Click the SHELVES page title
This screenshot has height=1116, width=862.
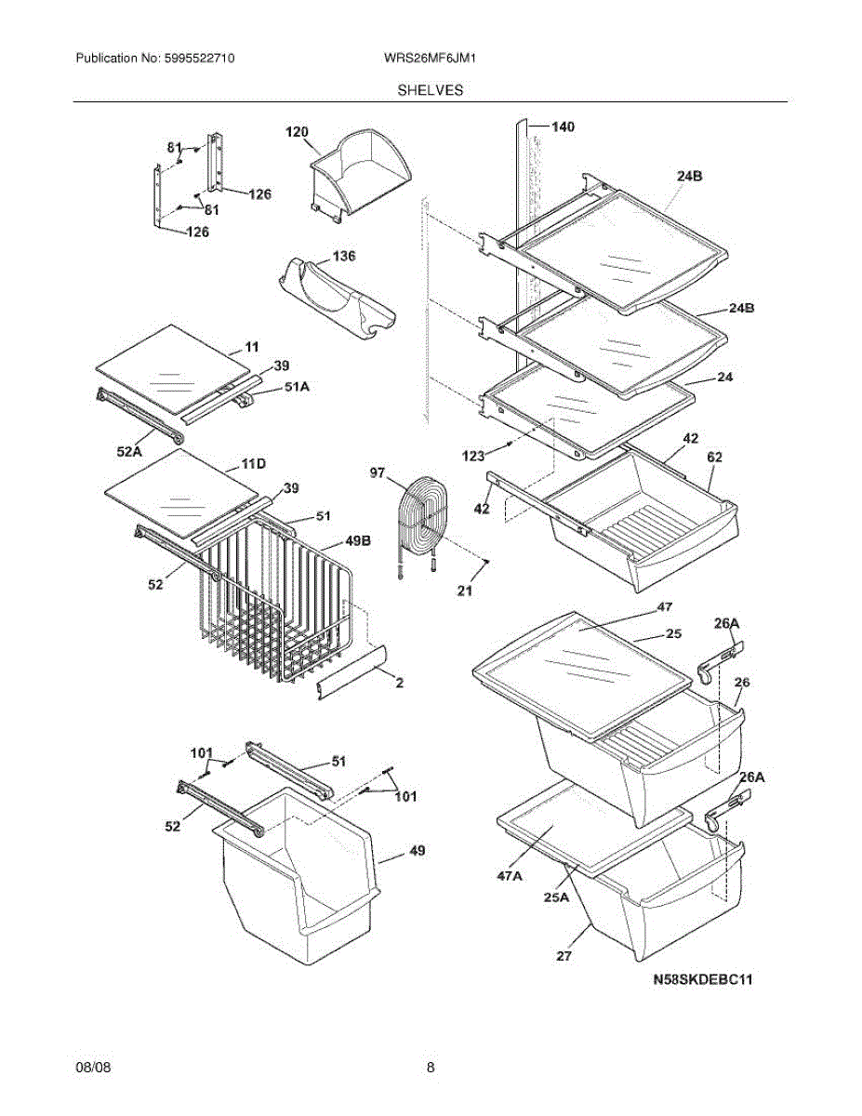coord(431,90)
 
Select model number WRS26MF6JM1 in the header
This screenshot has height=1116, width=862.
coord(430,58)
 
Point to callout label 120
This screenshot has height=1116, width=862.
coord(297,133)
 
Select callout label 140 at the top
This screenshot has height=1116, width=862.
coord(564,126)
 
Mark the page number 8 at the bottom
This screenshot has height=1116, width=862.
coord(431,1068)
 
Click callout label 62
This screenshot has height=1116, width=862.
coord(714,457)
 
